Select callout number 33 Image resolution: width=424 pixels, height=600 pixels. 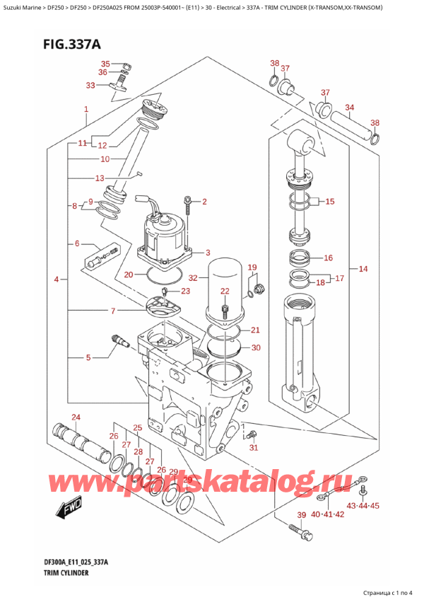point(90,86)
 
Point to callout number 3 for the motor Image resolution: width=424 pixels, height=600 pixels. point(207,253)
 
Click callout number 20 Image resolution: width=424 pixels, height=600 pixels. point(128,275)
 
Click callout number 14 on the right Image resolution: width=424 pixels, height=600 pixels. point(363,269)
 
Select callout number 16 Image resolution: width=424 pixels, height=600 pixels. point(327,258)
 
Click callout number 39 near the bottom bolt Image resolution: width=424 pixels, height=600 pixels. point(301,514)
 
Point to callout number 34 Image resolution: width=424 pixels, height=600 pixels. point(349,108)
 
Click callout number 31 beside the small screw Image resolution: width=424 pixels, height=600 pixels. point(254,447)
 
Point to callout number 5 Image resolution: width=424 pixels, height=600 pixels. point(88,358)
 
